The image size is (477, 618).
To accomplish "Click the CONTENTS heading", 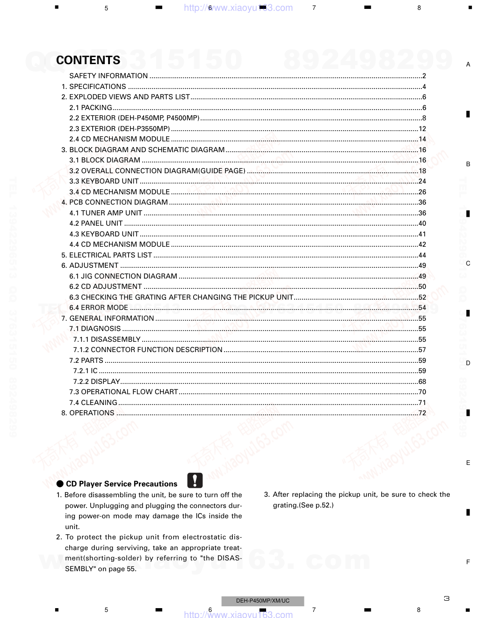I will click(x=88, y=60).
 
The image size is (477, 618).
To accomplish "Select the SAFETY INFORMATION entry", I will click(x=108, y=76).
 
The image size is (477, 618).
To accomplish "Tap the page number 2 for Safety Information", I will click(x=424, y=76).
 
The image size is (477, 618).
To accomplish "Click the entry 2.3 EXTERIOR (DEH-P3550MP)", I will click(x=119, y=129).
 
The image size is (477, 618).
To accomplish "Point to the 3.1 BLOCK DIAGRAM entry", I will click(x=105, y=160).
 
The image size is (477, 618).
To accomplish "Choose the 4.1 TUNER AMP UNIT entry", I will click(x=106, y=213).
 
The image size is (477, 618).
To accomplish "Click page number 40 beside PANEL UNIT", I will click(x=422, y=224).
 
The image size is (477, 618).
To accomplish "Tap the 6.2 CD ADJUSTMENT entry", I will click(x=105, y=287).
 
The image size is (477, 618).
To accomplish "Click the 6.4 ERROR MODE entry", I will click(x=99, y=308).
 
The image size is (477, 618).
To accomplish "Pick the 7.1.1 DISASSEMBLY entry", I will click(x=107, y=339).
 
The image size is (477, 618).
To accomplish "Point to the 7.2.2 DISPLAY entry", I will click(x=97, y=382).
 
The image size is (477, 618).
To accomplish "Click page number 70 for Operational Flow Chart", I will click(x=422, y=392).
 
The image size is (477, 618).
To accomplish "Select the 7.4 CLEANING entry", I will click(x=93, y=403).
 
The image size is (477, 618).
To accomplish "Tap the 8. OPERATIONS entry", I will click(x=88, y=413).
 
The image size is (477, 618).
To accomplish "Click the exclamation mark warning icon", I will click(x=195, y=480).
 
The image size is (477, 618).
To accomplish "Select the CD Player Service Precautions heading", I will click(x=122, y=484).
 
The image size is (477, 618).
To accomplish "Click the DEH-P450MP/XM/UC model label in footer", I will click(x=263, y=601).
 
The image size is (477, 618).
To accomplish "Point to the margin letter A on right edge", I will click(x=468, y=65).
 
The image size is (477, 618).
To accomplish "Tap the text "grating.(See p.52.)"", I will click(x=303, y=505).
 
